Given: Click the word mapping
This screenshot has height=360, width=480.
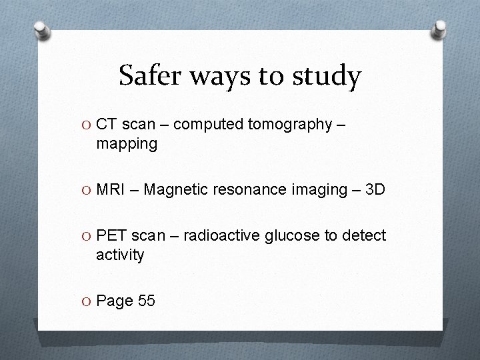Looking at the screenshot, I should coord(127,143).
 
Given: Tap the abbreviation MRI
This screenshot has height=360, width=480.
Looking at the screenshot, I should coord(112,190).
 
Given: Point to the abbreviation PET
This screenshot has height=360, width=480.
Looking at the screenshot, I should coord(112,235).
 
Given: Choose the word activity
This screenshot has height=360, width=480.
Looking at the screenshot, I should coord(120,255).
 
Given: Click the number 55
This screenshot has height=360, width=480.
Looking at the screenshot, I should coord(146,301).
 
